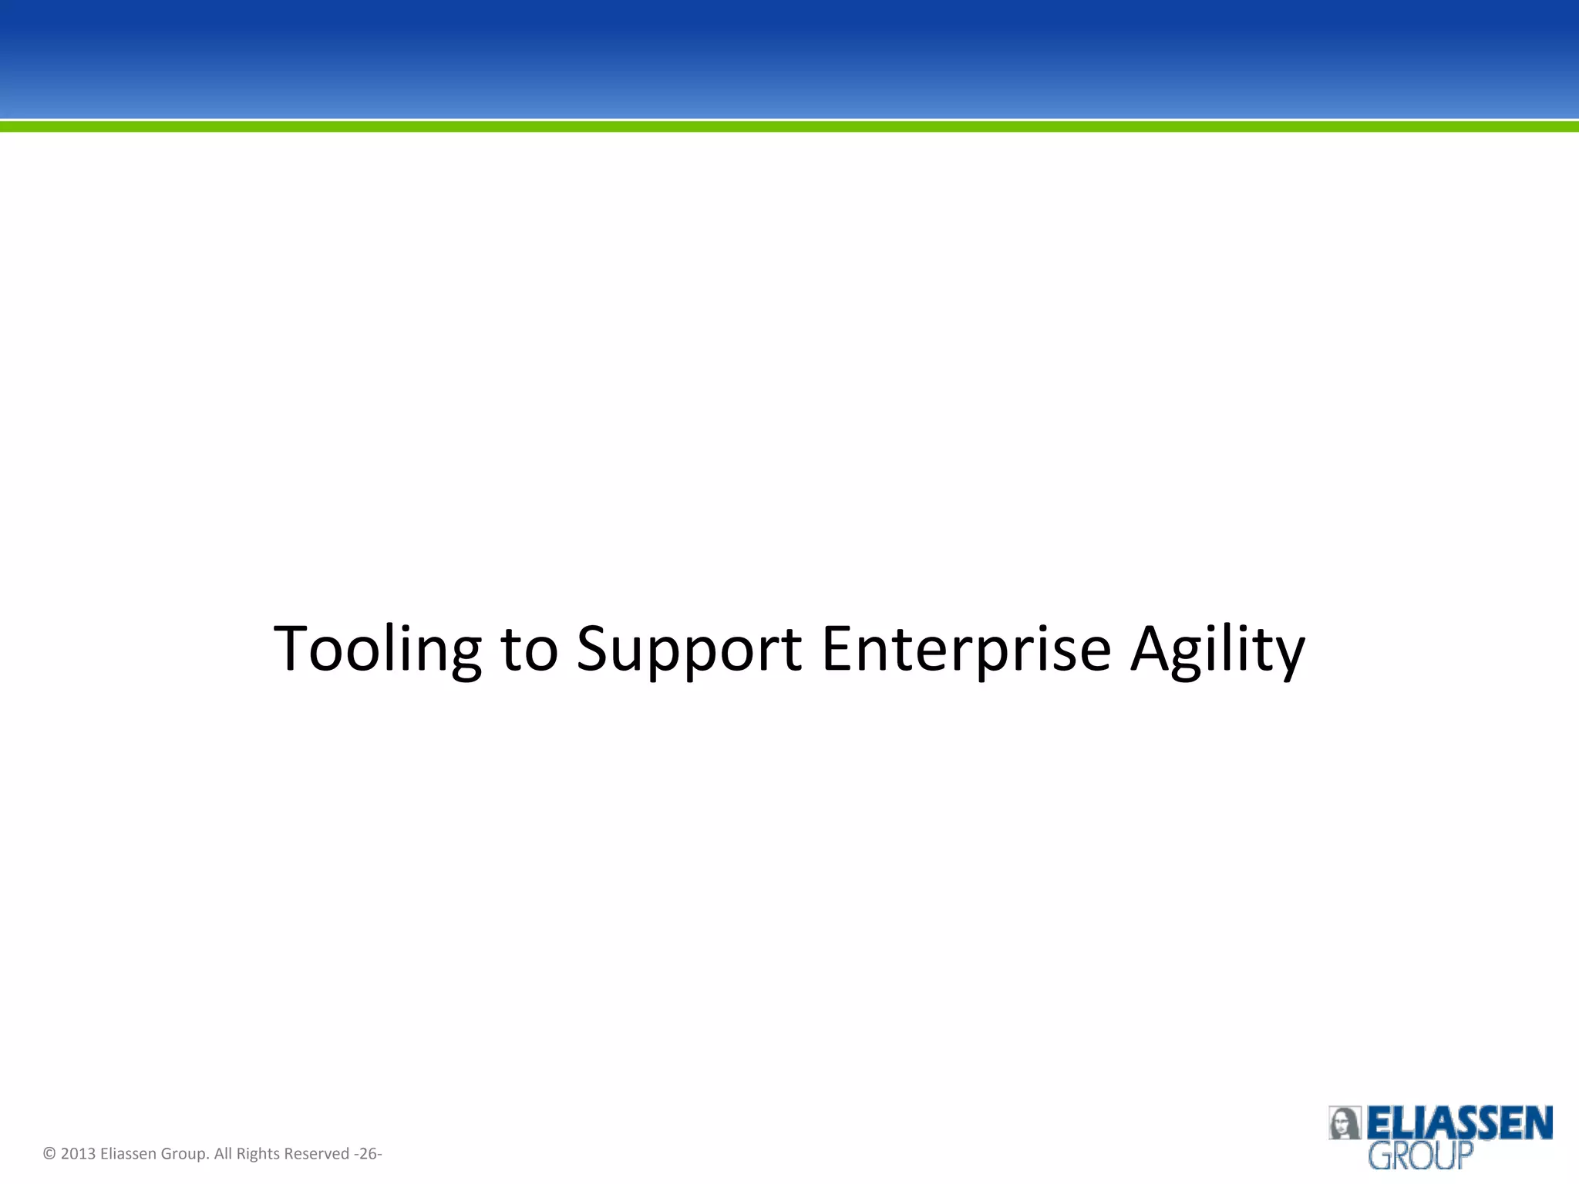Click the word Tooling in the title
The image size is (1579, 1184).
click(377, 649)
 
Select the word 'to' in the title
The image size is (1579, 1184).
click(529, 649)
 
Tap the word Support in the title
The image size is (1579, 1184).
click(688, 649)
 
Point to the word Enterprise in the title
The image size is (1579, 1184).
click(966, 649)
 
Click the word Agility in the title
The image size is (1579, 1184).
click(1217, 649)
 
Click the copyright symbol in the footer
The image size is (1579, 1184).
click(49, 1154)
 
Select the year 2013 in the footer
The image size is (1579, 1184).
click(78, 1154)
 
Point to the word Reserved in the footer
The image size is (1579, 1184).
click(317, 1154)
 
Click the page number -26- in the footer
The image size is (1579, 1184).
click(368, 1154)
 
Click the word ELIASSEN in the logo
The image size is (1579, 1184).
click(1459, 1123)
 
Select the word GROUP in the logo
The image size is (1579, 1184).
click(1420, 1156)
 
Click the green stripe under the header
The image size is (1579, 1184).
click(789, 126)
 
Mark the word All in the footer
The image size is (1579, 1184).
click(223, 1154)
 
